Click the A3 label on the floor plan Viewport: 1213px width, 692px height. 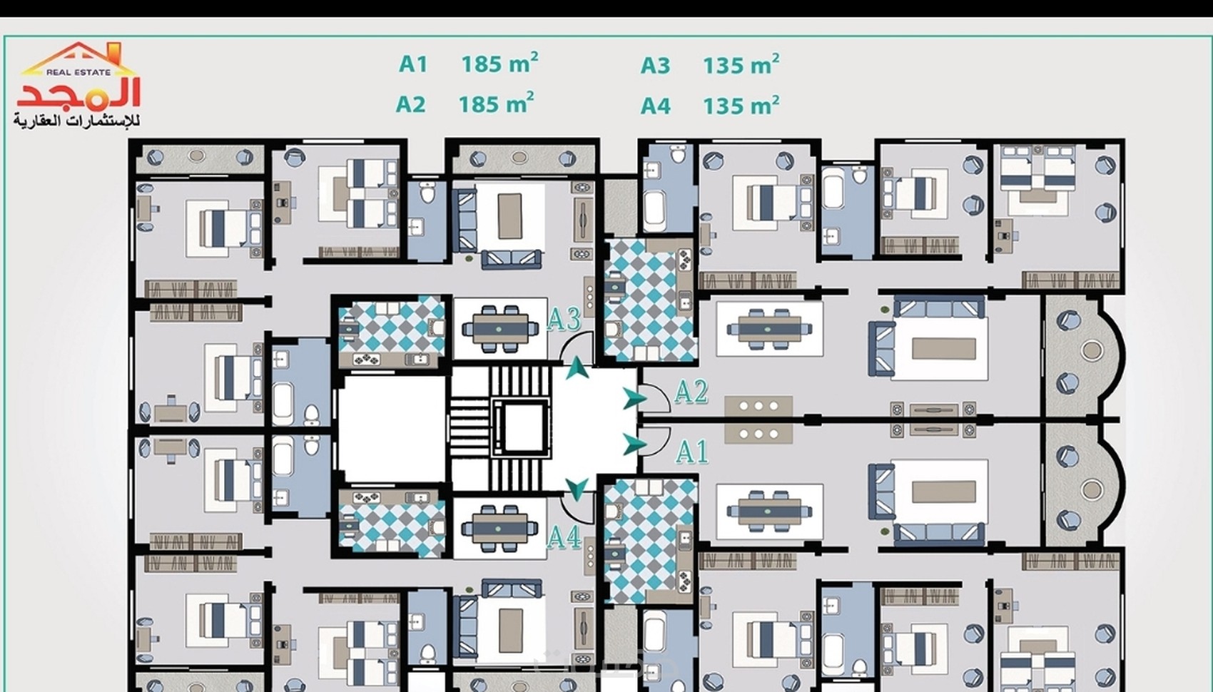(564, 320)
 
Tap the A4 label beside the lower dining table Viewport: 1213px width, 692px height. (564, 537)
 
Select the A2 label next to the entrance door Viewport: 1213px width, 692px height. (691, 392)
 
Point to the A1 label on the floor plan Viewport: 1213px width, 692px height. (692, 452)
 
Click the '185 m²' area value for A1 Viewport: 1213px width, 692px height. (499, 63)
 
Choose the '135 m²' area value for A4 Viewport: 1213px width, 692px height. (741, 105)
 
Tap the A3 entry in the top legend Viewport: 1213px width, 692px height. (655, 66)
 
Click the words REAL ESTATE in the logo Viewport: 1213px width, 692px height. (78, 72)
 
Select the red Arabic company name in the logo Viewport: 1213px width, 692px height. (79, 93)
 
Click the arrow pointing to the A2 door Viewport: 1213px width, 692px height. (634, 399)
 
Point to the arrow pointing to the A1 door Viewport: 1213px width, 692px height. (634, 444)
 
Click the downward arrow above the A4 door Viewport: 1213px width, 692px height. (577, 489)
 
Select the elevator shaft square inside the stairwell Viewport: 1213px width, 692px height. (521, 427)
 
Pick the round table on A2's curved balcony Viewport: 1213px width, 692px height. (1092, 350)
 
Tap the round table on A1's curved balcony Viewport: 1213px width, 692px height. (1092, 490)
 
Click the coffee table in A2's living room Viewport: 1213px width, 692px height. (944, 349)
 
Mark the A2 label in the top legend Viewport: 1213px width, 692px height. (410, 104)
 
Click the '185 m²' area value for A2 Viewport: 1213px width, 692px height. (497, 103)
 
